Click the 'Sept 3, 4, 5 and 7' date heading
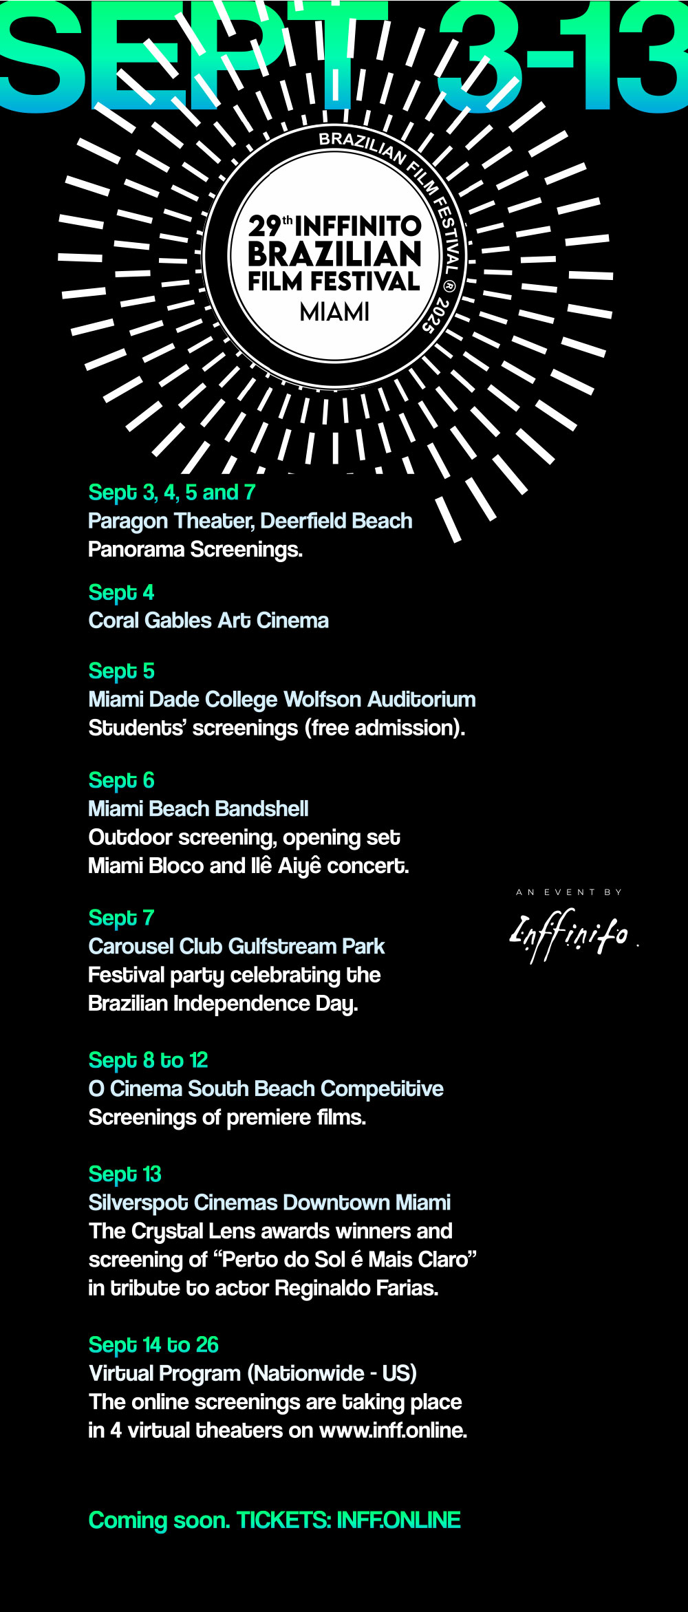click(172, 493)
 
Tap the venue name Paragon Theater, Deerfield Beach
click(250, 521)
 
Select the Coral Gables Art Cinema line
click(208, 621)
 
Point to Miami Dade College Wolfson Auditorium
click(282, 699)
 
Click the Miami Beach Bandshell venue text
click(198, 808)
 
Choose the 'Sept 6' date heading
click(121, 780)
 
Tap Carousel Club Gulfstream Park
click(236, 946)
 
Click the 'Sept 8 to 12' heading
click(148, 1060)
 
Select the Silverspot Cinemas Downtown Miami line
click(269, 1202)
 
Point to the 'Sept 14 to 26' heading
click(153, 1344)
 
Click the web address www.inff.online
click(393, 1430)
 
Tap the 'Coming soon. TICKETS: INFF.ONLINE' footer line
click(275, 1520)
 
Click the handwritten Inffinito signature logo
click(569, 934)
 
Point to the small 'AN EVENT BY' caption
click(569, 892)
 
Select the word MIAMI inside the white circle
click(334, 312)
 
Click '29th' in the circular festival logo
click(270, 226)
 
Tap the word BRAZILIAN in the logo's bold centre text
click(334, 254)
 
